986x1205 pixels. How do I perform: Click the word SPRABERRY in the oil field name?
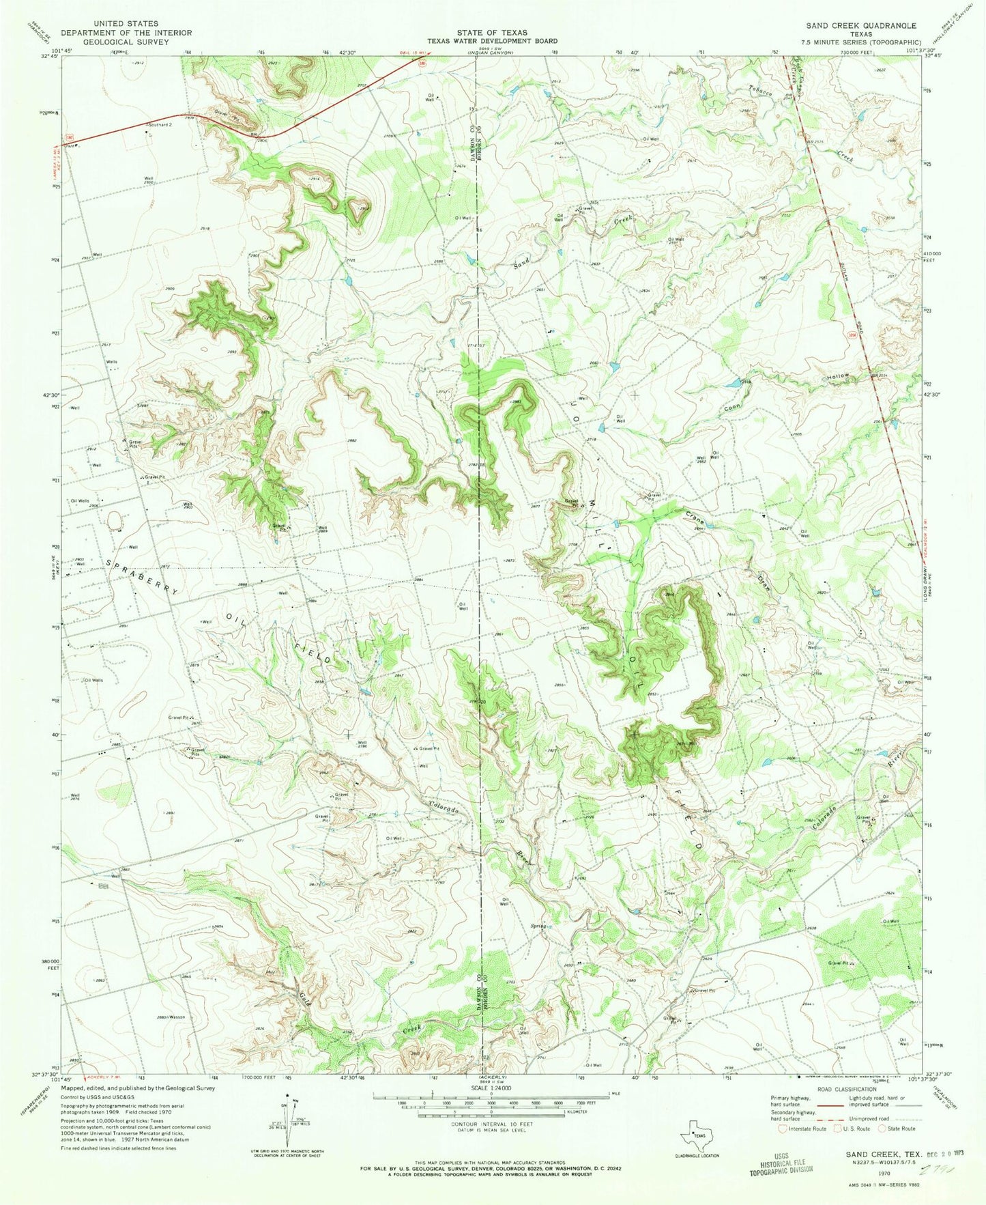(x=141, y=578)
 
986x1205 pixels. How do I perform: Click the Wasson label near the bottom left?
(x=176, y=1017)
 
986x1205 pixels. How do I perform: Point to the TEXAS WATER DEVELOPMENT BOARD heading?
(x=493, y=41)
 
